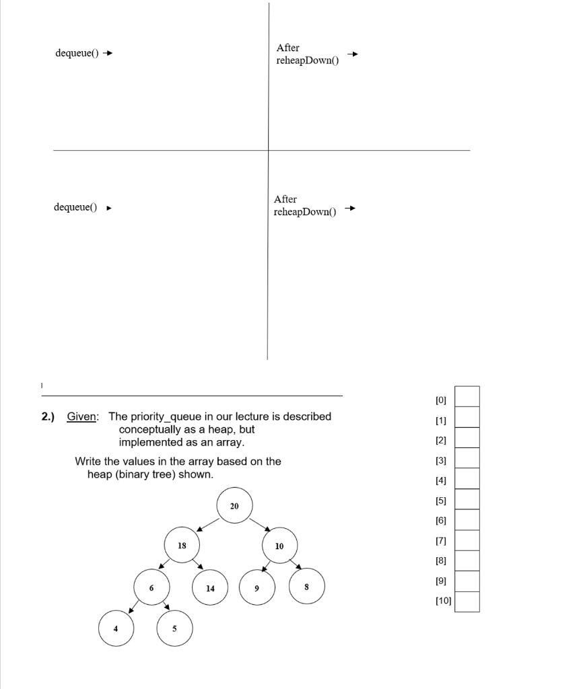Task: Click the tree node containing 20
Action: click(x=234, y=505)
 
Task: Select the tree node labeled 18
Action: click(x=182, y=545)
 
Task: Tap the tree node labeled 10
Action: click(x=279, y=546)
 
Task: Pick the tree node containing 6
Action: click(x=151, y=587)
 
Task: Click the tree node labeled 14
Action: click(x=210, y=587)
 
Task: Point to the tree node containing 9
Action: click(x=256, y=587)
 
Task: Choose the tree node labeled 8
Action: click(x=307, y=587)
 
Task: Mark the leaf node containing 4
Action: click(x=115, y=628)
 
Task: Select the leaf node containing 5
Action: click(x=174, y=628)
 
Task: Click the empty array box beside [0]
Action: click(x=467, y=397)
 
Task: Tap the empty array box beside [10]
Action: click(x=467, y=602)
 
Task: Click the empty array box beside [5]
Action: click(x=467, y=499)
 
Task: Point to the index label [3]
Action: click(x=441, y=461)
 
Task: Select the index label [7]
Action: click(x=441, y=540)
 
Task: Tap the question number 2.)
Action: click(x=48, y=416)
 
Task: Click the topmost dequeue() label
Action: click(x=77, y=54)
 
